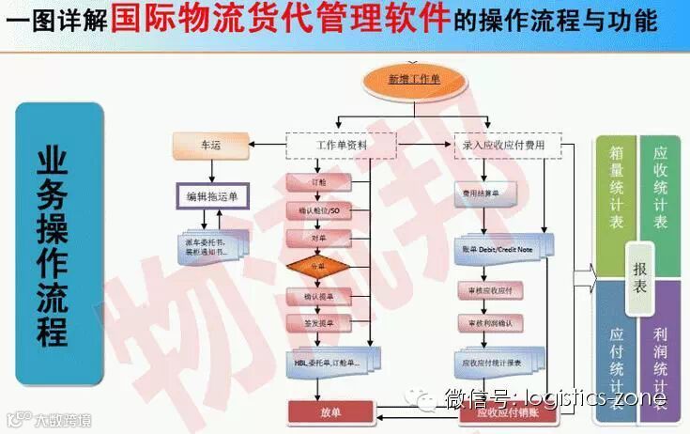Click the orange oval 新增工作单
414,80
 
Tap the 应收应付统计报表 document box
493,361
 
